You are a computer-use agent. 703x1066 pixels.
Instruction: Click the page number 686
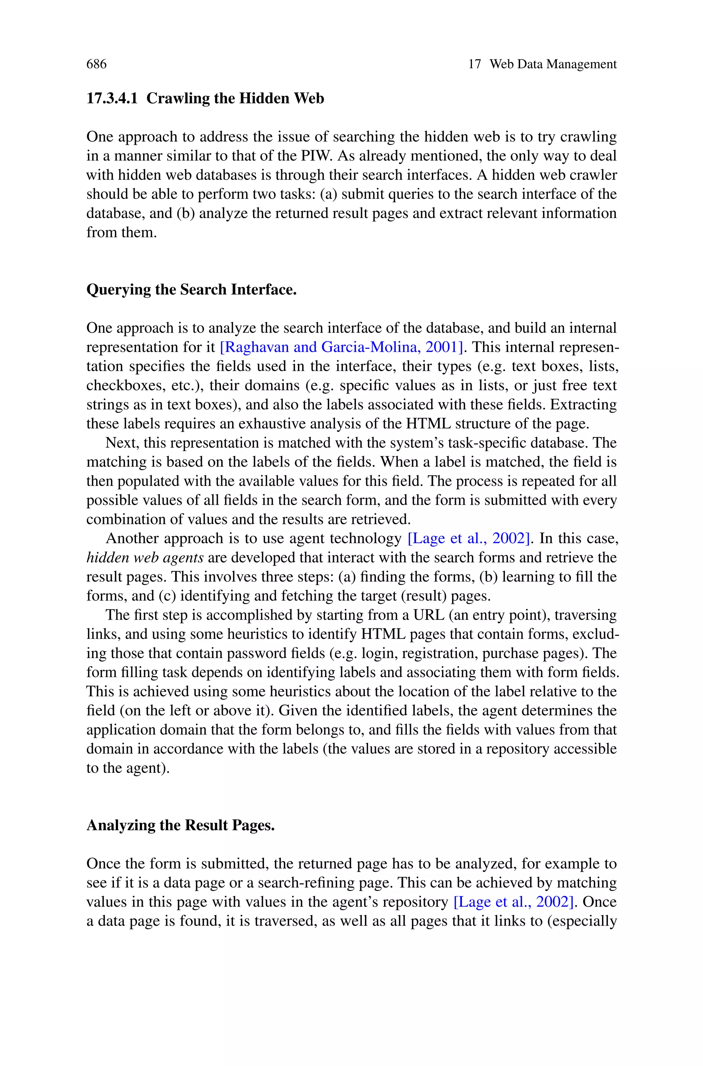96,64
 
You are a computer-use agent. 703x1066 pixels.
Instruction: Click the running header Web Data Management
553,64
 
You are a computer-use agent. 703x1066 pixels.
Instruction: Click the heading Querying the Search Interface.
192,289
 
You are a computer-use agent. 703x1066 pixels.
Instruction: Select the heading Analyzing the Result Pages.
180,825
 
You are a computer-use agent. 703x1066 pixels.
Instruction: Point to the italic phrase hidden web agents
145,558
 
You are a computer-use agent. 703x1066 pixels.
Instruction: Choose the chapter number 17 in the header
474,64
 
